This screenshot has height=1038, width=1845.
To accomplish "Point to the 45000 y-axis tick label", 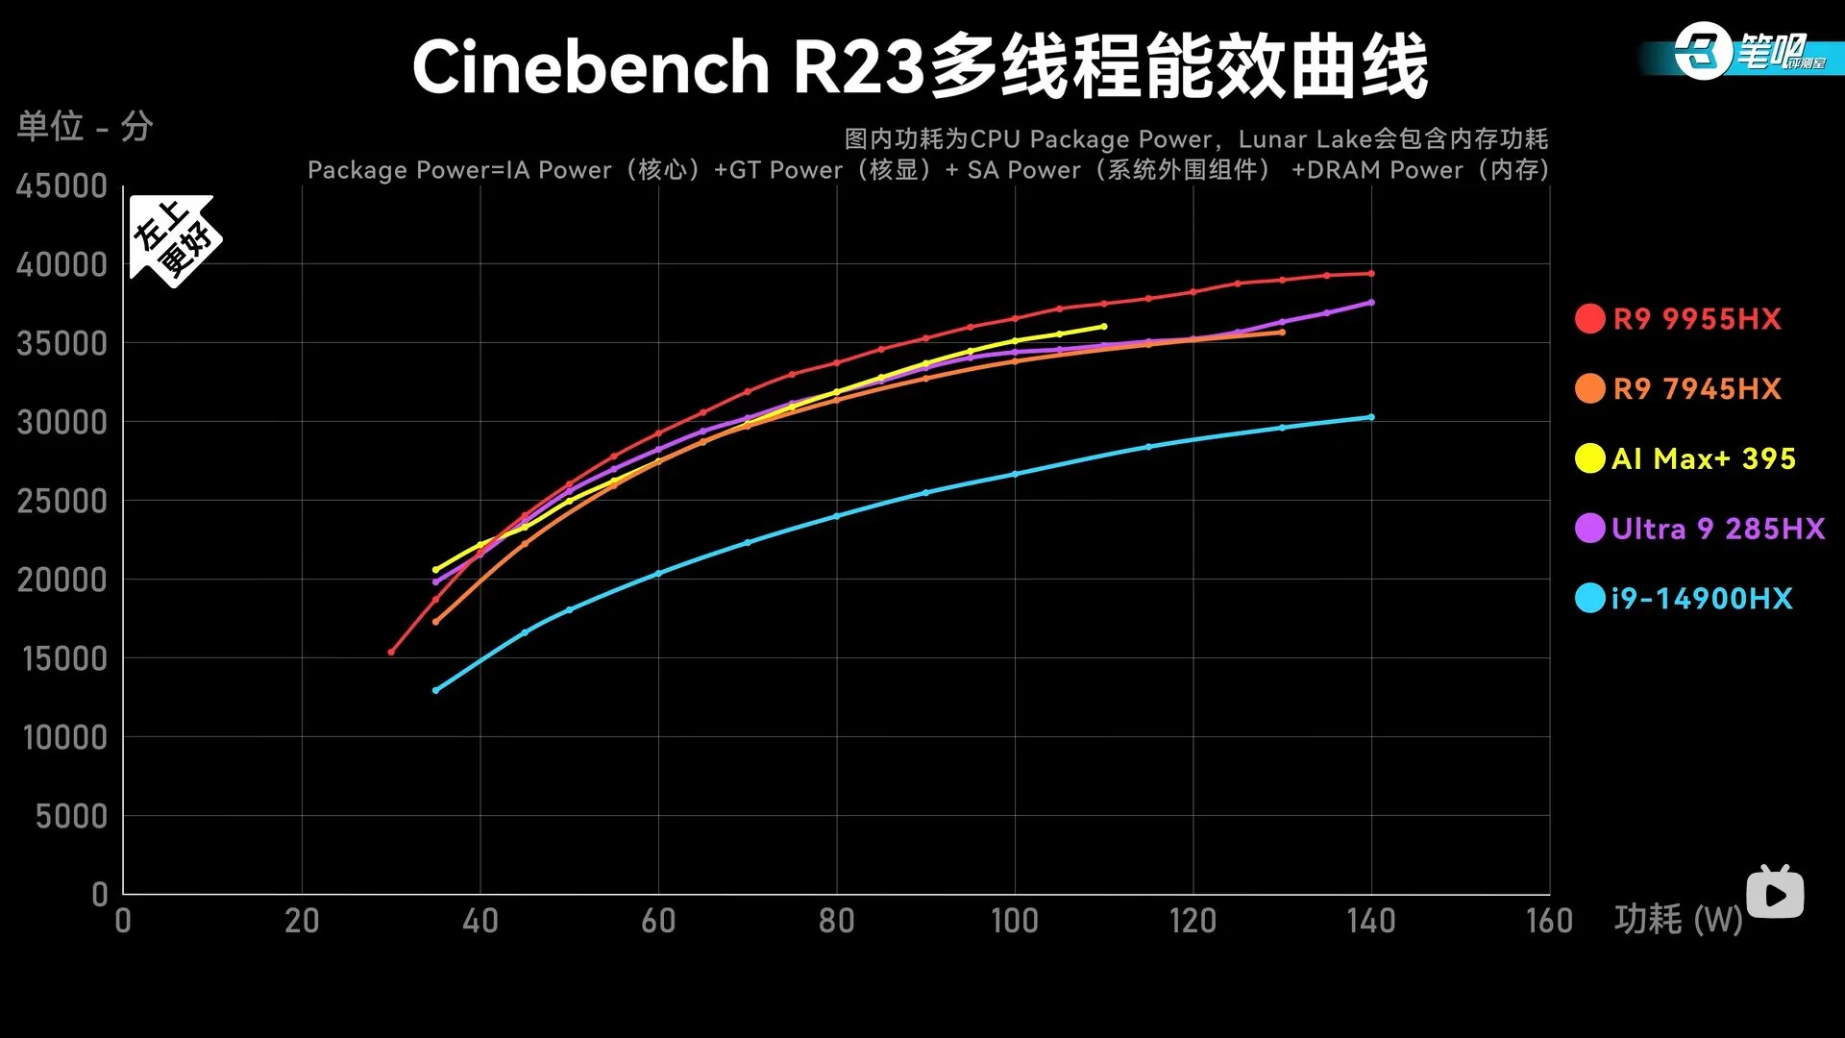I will pyautogui.click(x=61, y=186).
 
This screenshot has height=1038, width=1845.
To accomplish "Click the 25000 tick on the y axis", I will pyautogui.click(x=61, y=501).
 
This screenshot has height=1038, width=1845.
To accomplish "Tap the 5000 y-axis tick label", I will pyautogui.click(x=71, y=816).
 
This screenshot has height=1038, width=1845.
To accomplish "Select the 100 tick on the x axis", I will pyautogui.click(x=1015, y=921).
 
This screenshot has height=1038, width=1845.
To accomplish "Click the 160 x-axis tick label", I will pyautogui.click(x=1549, y=921).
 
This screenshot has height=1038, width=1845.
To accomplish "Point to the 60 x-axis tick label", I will pyautogui.click(x=658, y=921).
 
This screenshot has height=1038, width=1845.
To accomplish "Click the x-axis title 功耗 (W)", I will pyautogui.click(x=1678, y=920).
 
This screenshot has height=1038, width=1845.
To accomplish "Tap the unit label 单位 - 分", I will pyautogui.click(x=85, y=126).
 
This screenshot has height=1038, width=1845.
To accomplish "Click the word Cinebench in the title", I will pyautogui.click(x=590, y=67).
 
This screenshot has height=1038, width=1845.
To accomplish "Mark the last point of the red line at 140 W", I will pyautogui.click(x=1371, y=274).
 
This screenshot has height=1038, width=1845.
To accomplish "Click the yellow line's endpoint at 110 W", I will pyautogui.click(x=1104, y=327).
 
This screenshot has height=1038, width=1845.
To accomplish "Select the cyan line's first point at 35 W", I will pyautogui.click(x=435, y=690).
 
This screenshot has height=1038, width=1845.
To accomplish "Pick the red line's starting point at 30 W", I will pyautogui.click(x=391, y=653).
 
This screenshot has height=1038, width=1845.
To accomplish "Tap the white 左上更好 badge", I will pyautogui.click(x=174, y=239).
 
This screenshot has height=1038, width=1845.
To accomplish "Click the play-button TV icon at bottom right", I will pyautogui.click(x=1774, y=894).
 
